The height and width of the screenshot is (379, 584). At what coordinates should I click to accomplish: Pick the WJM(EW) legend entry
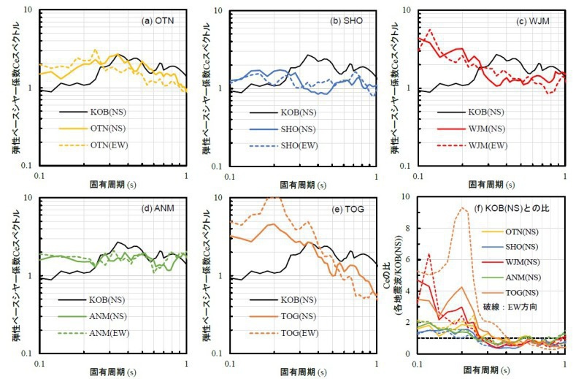pos(497,144)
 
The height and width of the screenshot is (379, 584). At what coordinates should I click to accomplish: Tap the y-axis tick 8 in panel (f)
pos(411,228)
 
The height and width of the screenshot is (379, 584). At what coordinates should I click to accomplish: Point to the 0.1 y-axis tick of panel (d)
pos(30,354)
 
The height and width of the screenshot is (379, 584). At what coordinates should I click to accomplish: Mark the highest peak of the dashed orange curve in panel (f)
pos(461,208)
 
